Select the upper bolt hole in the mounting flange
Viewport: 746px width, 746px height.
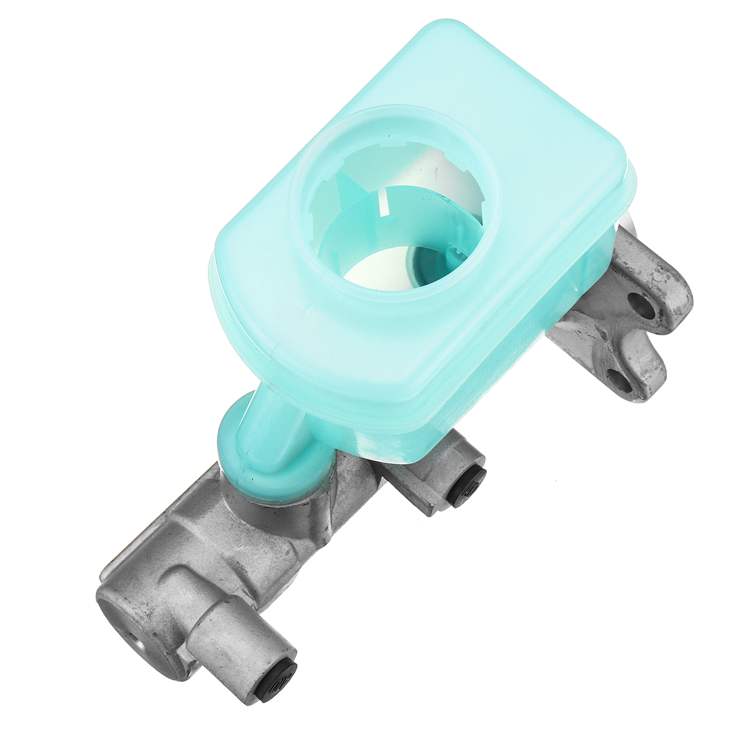pyautogui.click(x=640, y=303)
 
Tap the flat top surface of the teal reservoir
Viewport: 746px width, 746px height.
pyautogui.click(x=528, y=124)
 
